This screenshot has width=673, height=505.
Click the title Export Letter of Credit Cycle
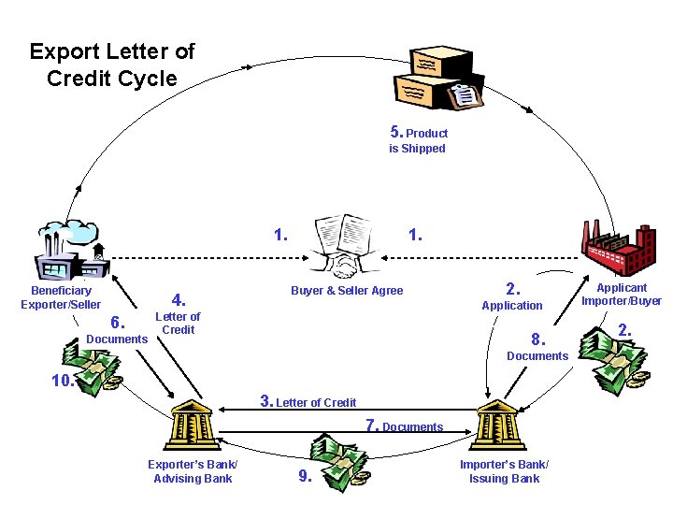pyautogui.click(x=111, y=65)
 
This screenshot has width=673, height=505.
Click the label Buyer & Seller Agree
pyautogui.click(x=347, y=291)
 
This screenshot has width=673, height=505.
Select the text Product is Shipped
pyautogui.click(x=418, y=140)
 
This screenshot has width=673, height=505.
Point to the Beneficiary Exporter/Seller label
pyautogui.click(x=61, y=297)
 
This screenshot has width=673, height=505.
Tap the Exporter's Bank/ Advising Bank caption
pyautogui.click(x=193, y=472)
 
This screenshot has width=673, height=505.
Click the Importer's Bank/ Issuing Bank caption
pyautogui.click(x=504, y=472)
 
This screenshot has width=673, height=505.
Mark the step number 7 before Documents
pyautogui.click(x=372, y=426)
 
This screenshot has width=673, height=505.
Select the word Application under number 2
pyautogui.click(x=511, y=306)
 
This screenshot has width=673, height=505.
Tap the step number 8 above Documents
pyautogui.click(x=537, y=339)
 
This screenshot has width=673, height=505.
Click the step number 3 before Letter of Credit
pyautogui.click(x=266, y=401)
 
